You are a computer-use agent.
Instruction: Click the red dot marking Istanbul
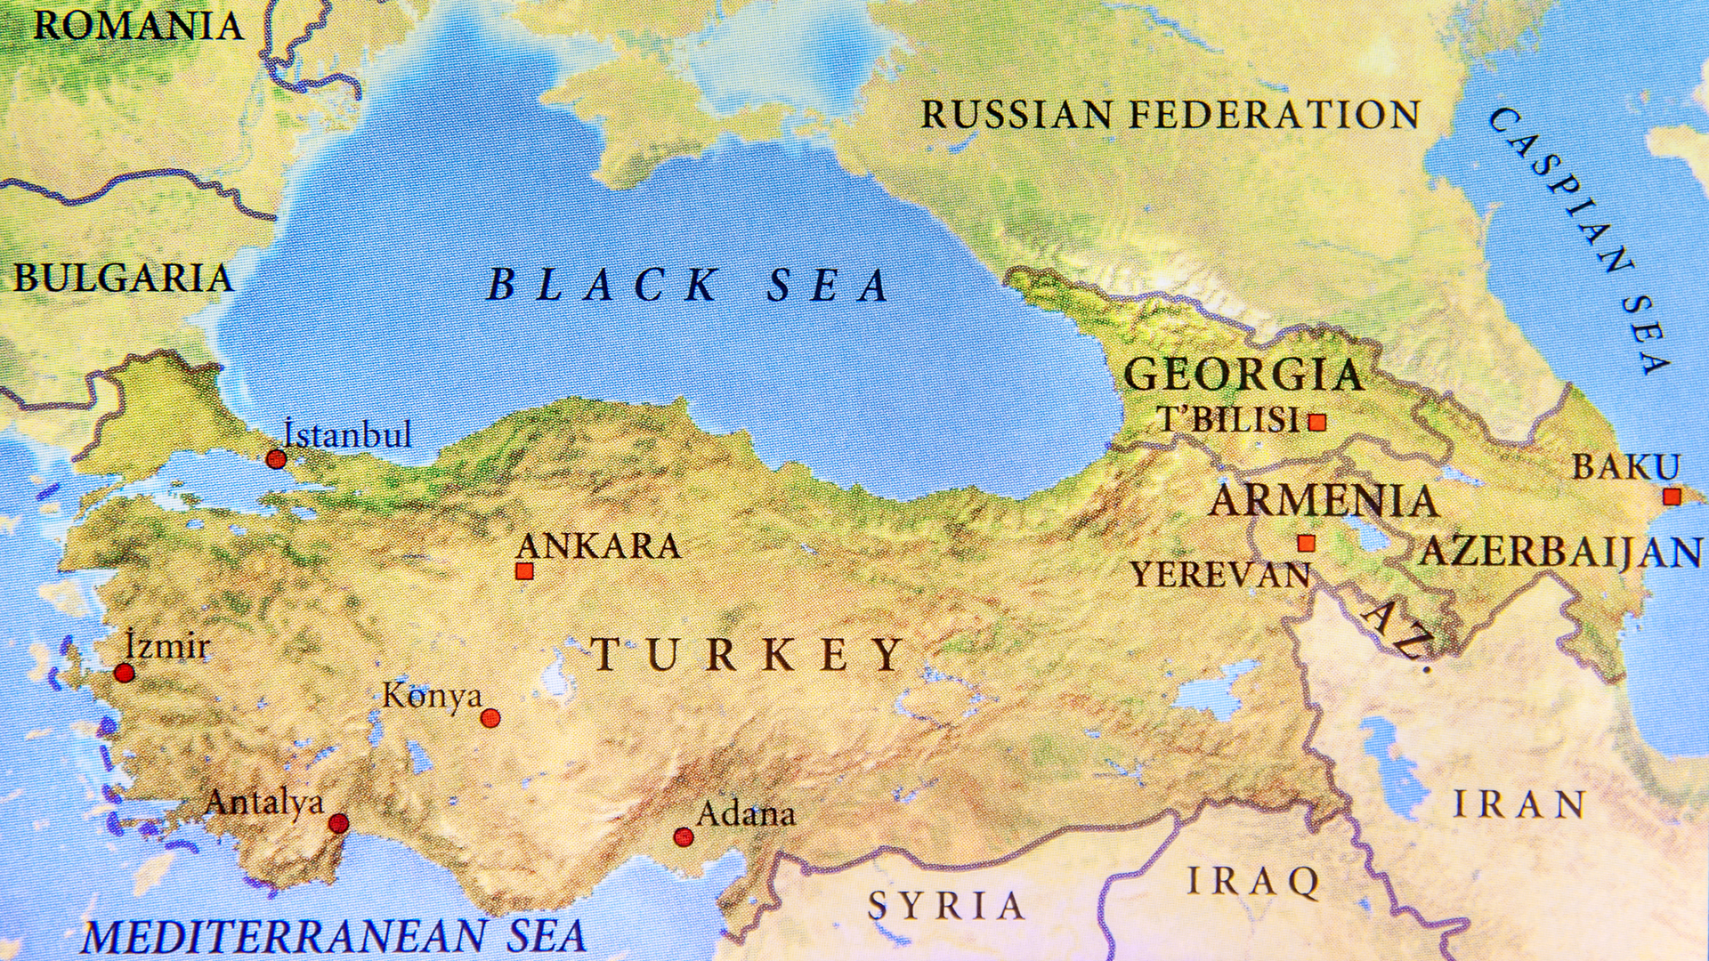tap(276, 459)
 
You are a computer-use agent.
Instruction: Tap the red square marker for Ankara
tap(524, 571)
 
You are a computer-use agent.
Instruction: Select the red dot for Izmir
tap(125, 673)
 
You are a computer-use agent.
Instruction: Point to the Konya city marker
tap(490, 718)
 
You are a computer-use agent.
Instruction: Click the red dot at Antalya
tap(338, 823)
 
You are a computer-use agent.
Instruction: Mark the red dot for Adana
tap(683, 836)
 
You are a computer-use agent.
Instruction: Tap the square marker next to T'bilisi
tap(1317, 422)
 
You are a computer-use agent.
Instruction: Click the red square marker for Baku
tap(1672, 497)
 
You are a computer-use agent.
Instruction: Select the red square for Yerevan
tap(1306, 543)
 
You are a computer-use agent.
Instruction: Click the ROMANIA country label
tap(138, 25)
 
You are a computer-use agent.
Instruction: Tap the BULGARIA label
tap(123, 278)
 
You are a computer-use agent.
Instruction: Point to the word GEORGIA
tap(1243, 374)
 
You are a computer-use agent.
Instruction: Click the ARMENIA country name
tap(1324, 501)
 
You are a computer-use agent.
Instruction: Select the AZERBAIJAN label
tap(1560, 552)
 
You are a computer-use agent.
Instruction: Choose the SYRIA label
tap(946, 906)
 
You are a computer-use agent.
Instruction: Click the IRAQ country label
tap(1253, 881)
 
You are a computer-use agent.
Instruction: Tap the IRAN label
tap(1519, 804)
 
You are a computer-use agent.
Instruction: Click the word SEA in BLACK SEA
tap(828, 285)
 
